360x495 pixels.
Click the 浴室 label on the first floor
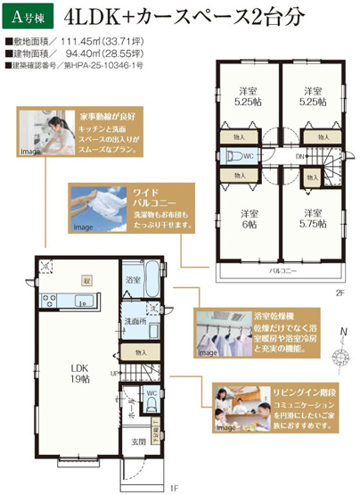tap(135, 280)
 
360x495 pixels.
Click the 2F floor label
tap(340, 293)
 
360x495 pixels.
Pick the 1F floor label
tap(176, 487)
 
